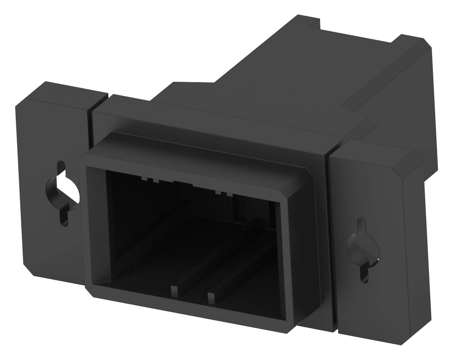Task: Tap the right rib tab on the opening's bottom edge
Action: point(210,297)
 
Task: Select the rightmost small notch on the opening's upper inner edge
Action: point(230,194)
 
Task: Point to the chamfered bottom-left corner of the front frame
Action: point(89,291)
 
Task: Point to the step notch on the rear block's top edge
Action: point(315,25)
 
